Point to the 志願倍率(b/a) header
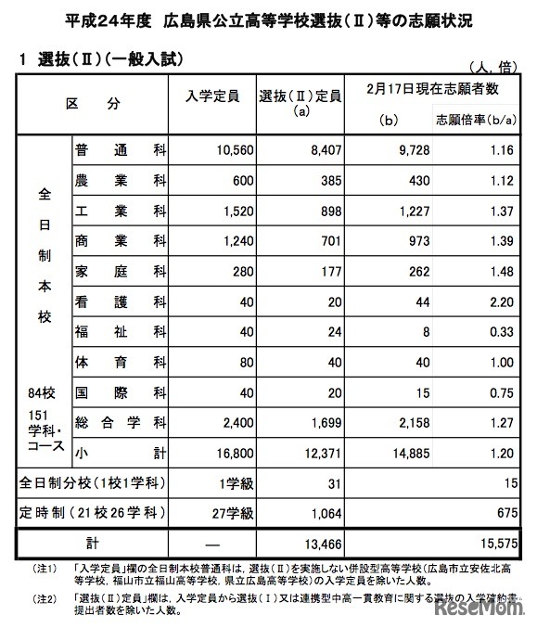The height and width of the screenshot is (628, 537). (475, 119)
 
